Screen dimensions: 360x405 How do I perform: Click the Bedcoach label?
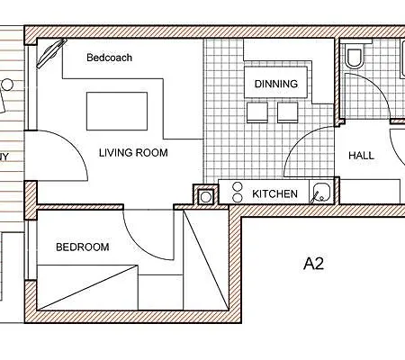[109, 58]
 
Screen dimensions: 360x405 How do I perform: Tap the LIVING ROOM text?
[133, 153]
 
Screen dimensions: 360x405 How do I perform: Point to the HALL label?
[361, 156]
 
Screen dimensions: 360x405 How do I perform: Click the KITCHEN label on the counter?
[274, 193]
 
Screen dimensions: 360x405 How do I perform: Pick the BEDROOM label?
[82, 247]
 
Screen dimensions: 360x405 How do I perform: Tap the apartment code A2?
[312, 265]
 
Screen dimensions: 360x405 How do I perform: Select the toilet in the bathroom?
[355, 58]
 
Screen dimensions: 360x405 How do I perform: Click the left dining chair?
[256, 112]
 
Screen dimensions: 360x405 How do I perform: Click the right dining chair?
[288, 112]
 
